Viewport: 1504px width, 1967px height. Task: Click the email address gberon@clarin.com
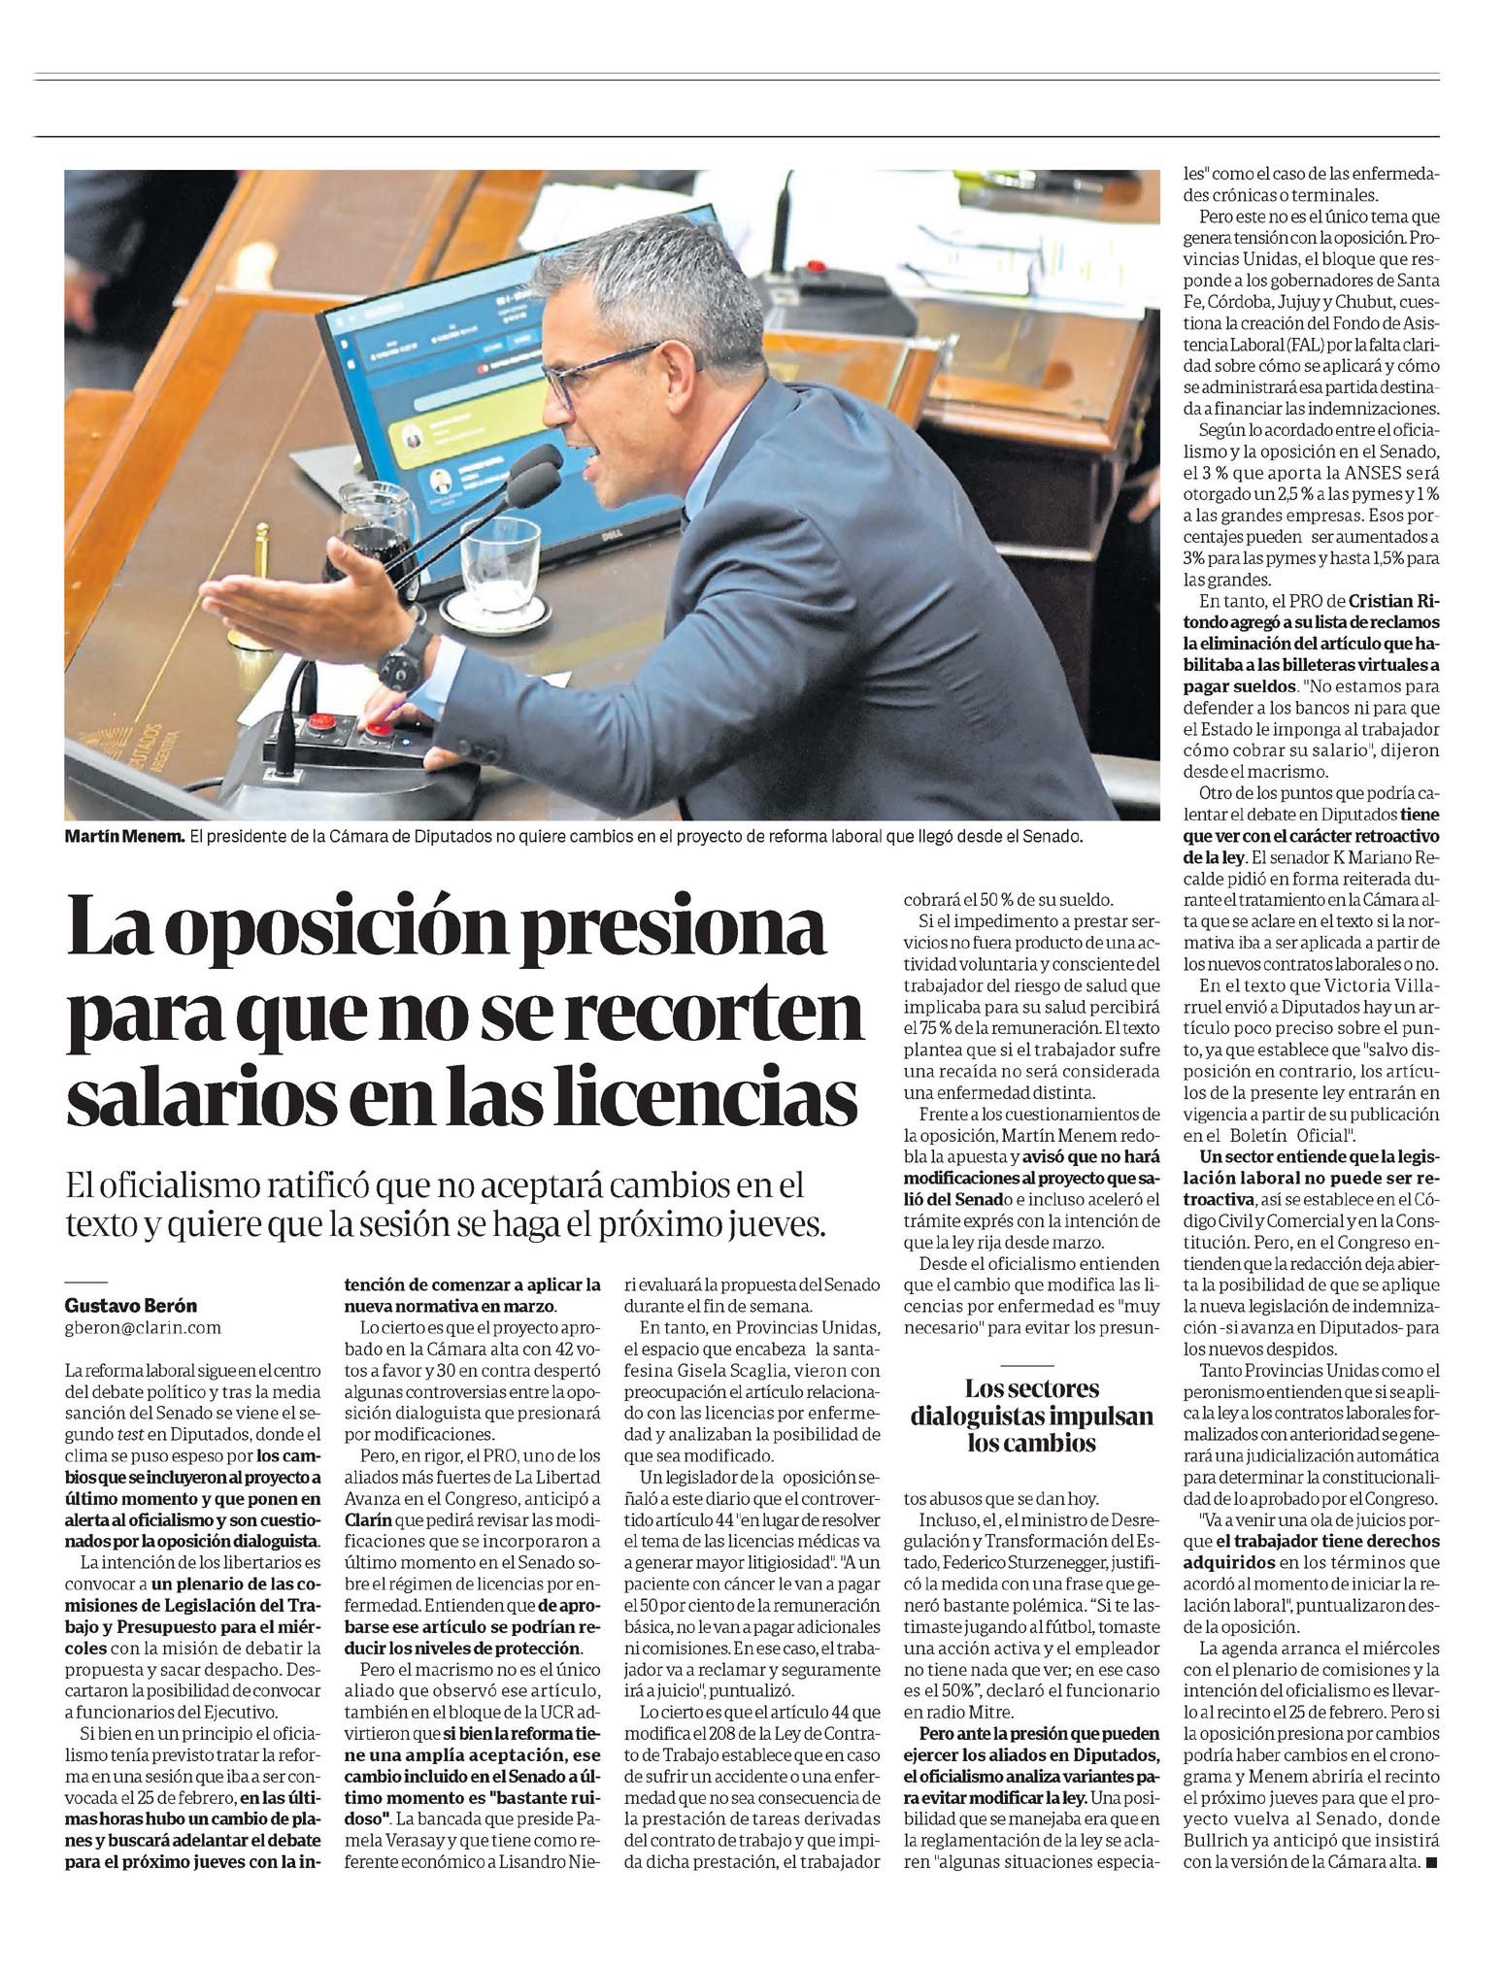(x=143, y=1327)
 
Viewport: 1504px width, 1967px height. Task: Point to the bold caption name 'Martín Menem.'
(x=124, y=835)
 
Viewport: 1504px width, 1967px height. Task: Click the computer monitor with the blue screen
(x=456, y=408)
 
